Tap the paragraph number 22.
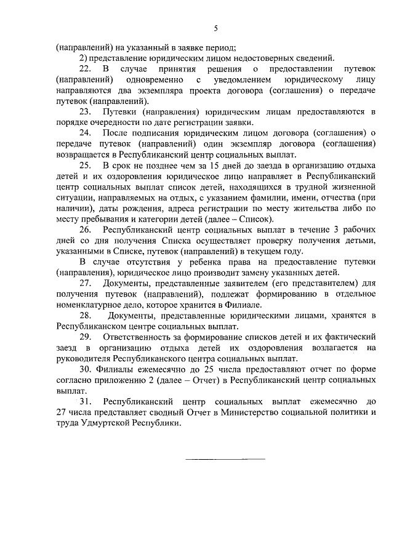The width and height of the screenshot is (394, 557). pos(86,69)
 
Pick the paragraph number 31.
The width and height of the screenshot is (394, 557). pos(86,401)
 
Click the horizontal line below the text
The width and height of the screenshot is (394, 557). pos(225,459)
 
